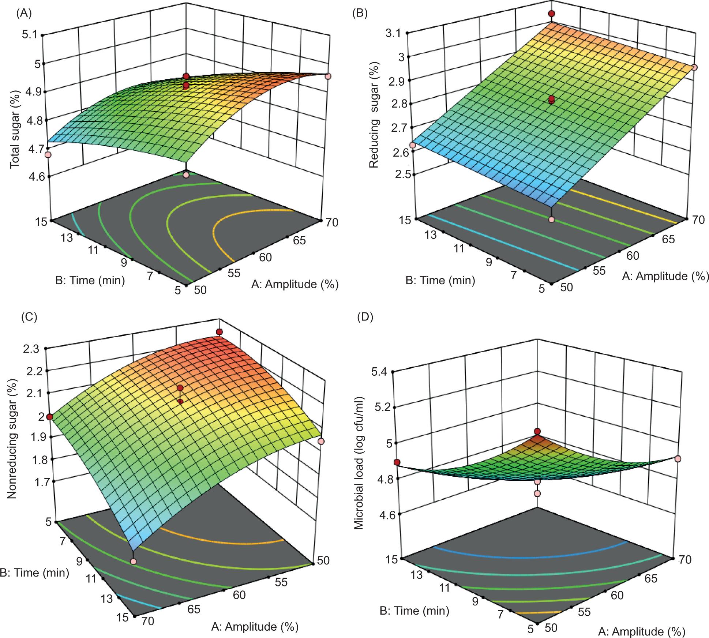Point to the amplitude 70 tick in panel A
330,222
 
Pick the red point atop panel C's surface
219,332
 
